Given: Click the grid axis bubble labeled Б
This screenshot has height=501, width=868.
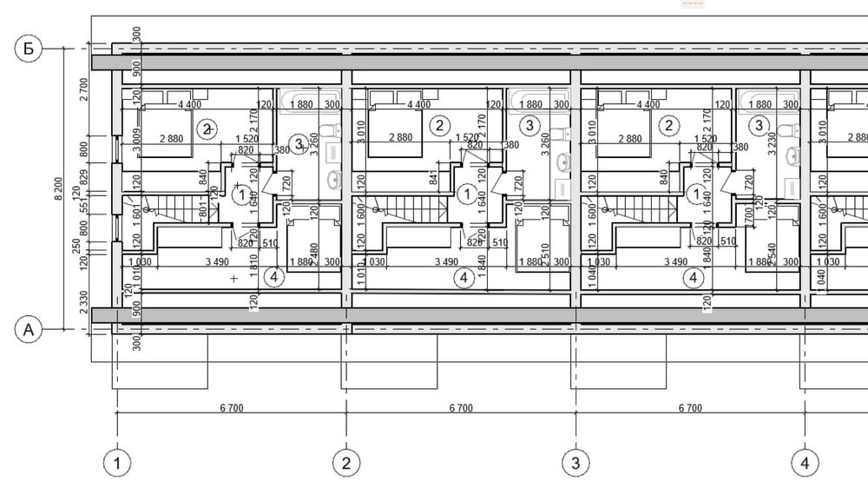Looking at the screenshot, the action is pos(29,49).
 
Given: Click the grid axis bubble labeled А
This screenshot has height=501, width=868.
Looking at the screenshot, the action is pos(29,329).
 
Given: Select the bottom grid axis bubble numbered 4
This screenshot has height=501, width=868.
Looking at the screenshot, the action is pos(805,463).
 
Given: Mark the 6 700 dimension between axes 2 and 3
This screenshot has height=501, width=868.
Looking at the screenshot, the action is pos(460,408).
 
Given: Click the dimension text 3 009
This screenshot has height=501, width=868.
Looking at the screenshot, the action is pos(138,141).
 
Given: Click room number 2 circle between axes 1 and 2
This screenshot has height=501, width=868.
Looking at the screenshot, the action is pos(206,129).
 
